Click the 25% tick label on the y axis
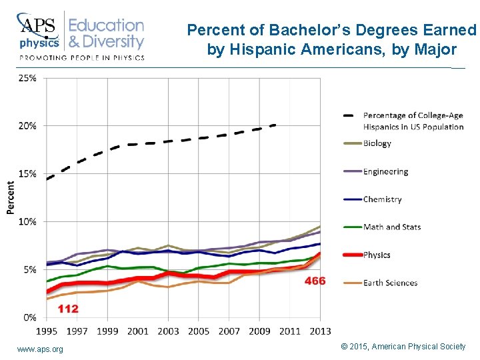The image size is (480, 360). coord(27,78)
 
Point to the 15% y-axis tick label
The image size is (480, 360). coord(27,174)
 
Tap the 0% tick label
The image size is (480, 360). coord(30,317)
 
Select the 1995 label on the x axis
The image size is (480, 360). coord(46,331)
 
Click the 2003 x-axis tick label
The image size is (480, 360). coord(168,331)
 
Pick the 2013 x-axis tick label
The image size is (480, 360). coord(321,331)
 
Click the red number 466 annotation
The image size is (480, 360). coord(315,281)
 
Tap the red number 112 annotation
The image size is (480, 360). coord(67,309)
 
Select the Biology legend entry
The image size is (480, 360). coord(377,143)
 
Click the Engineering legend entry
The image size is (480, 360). coord(385,171)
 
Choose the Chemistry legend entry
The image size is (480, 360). coord(382,199)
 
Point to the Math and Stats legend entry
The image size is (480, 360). coord(392,227)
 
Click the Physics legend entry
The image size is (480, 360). coord(377,255)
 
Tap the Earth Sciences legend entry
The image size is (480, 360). coord(390,283)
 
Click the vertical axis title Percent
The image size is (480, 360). coord(11,197)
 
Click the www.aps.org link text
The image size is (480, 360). coord(40,349)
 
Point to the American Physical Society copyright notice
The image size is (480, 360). coord(403,347)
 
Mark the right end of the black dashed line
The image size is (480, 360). coord(275,125)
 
